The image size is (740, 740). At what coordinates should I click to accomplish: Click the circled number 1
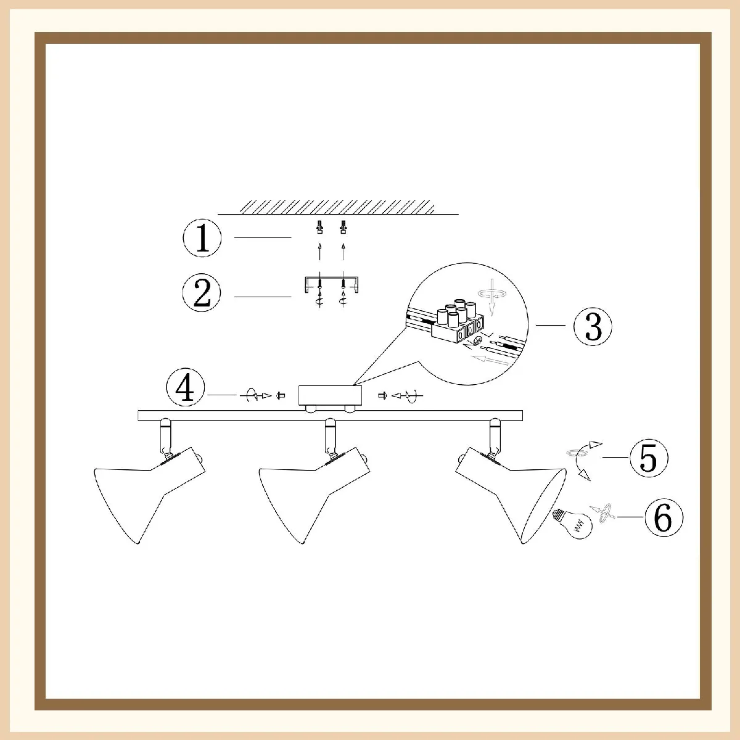point(202,237)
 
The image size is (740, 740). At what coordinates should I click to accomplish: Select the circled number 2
point(202,293)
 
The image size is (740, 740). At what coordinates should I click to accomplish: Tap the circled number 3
point(593,326)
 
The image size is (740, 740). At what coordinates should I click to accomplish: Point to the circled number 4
point(186,387)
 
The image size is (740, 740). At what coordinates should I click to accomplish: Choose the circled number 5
point(649,458)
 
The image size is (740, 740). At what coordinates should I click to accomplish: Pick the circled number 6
point(664,517)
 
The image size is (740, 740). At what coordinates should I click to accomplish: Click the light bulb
point(573,524)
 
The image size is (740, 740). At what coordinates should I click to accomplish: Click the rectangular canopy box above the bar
point(331,395)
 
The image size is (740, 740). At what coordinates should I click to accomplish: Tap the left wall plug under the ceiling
point(319,227)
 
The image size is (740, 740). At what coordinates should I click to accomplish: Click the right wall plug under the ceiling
point(343,227)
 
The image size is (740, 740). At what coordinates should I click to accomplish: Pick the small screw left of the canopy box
point(281,395)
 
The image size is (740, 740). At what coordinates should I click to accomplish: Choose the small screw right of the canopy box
point(381,395)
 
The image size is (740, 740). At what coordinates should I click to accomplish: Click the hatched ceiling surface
point(337,207)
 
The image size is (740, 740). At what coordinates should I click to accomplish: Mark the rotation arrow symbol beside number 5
point(584,461)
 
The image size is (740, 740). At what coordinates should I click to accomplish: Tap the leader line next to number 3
point(551,326)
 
